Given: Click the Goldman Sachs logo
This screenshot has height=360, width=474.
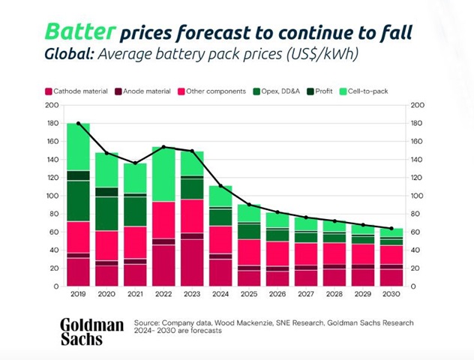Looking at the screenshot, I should (x=91, y=331).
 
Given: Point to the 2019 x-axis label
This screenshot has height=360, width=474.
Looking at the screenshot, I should (x=78, y=294).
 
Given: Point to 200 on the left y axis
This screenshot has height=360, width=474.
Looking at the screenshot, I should (x=53, y=106).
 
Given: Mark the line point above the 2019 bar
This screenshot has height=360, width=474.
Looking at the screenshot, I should (x=78, y=124).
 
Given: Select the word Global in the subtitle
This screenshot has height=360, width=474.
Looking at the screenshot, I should (x=67, y=55).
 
